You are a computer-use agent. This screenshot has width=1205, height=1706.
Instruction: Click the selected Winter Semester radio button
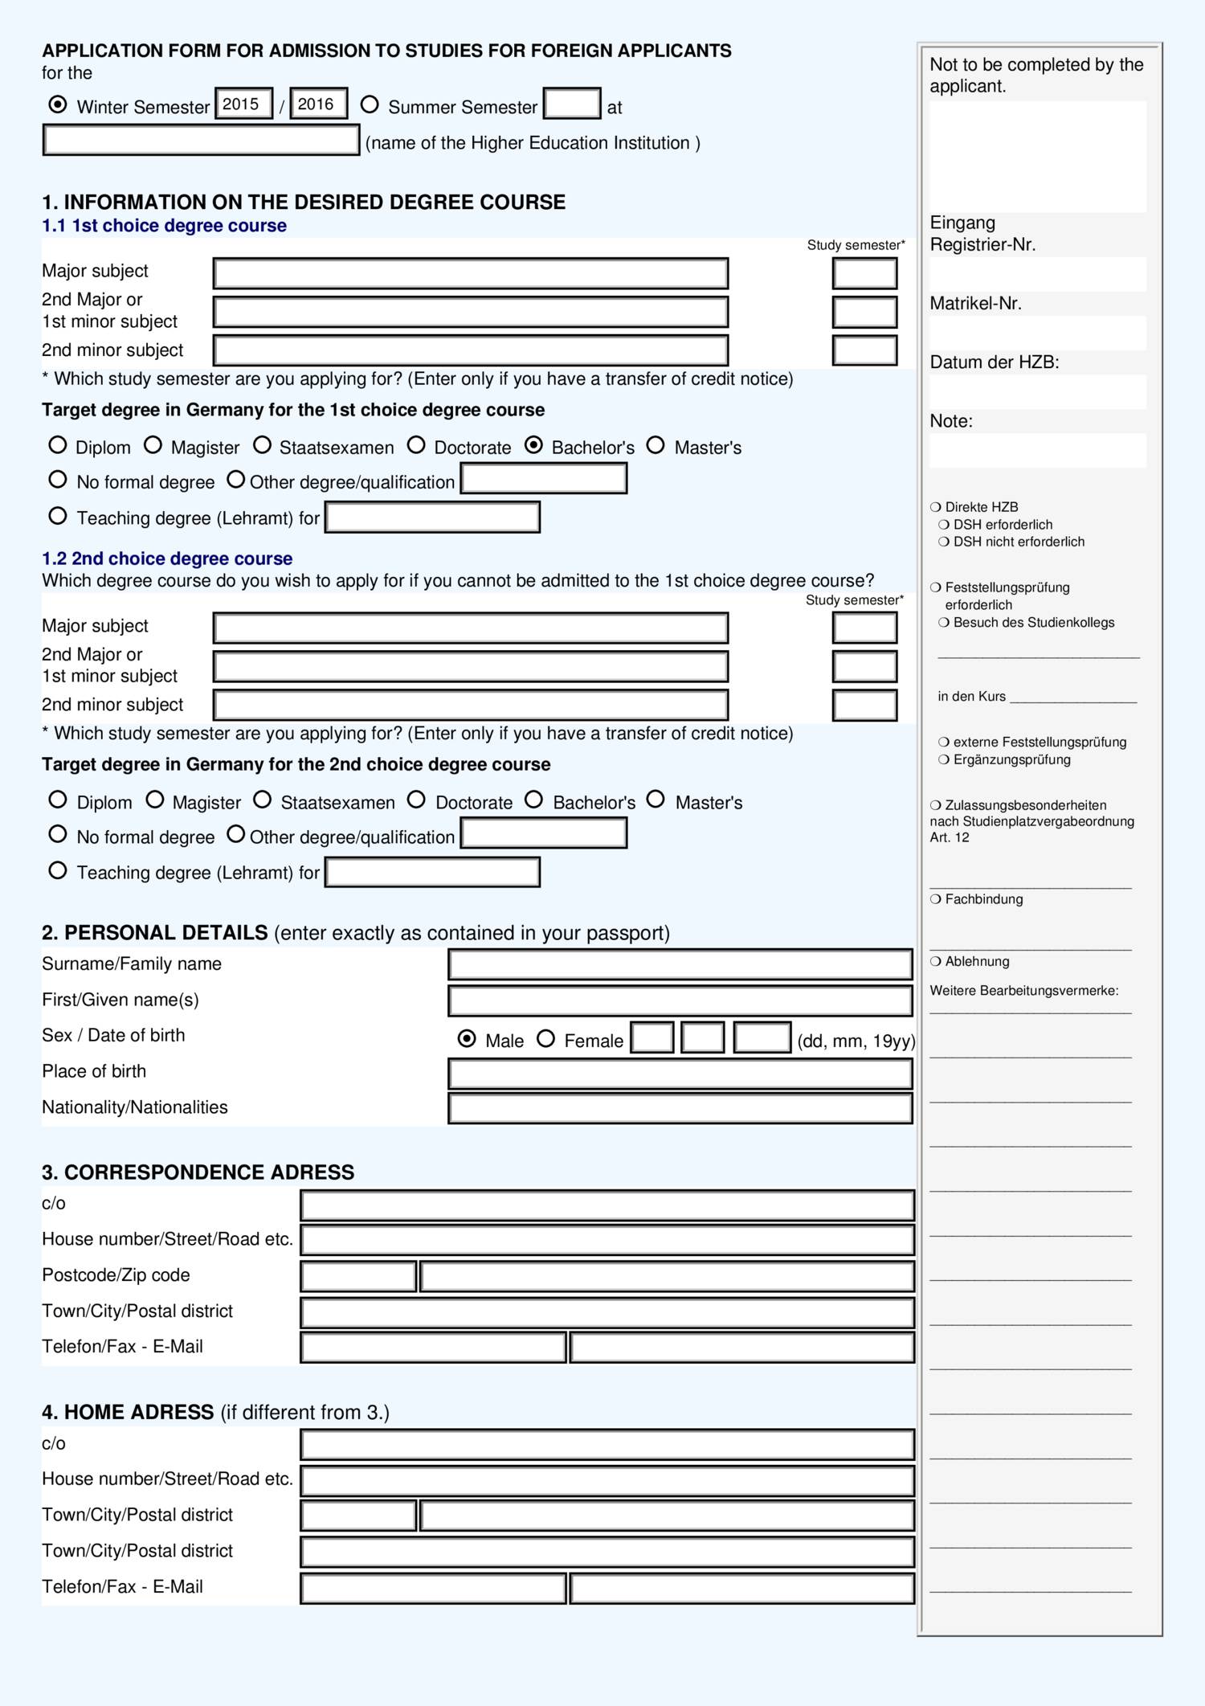pyautogui.click(x=58, y=104)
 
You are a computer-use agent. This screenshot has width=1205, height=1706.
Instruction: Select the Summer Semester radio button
pyautogui.click(x=370, y=104)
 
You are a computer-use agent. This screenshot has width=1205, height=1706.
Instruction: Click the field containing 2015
pyautogui.click(x=243, y=104)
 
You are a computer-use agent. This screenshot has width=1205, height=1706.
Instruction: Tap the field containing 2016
pyautogui.click(x=318, y=104)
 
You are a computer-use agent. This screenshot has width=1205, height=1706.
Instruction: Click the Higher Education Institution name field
pyautogui.click(x=201, y=141)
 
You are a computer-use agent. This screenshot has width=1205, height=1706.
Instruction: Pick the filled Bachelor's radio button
pyautogui.click(x=534, y=445)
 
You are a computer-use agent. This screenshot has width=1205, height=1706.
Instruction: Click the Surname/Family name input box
pyautogui.click(x=680, y=964)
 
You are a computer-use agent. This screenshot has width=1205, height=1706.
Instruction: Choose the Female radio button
pyautogui.click(x=546, y=1039)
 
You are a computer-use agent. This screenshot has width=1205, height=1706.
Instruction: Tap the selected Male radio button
pyautogui.click(x=467, y=1039)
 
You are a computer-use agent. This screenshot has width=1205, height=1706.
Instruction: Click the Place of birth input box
pyautogui.click(x=680, y=1074)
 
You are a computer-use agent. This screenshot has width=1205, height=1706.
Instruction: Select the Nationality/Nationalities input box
pyautogui.click(x=680, y=1109)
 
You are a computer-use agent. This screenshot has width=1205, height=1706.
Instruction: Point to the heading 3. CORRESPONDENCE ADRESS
pyautogui.click(x=198, y=1172)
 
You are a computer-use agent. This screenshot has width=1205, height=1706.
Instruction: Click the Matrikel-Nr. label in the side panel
pyautogui.click(x=975, y=304)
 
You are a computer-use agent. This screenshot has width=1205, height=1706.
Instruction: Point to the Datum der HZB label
pyautogui.click(x=994, y=362)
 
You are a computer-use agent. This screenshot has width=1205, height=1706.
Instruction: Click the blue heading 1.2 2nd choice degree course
pyautogui.click(x=167, y=558)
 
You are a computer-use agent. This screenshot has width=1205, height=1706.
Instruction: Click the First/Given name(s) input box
pyautogui.click(x=680, y=1001)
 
